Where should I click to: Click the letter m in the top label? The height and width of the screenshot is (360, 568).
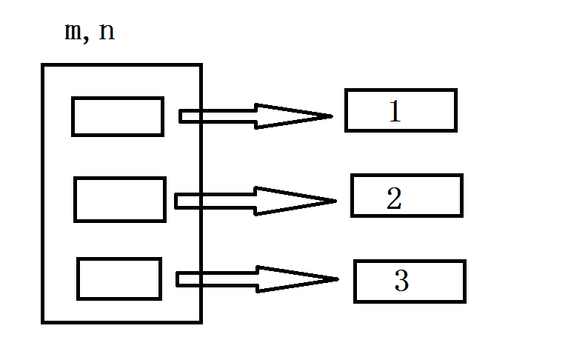coord(73,32)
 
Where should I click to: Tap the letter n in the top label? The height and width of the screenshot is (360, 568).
coord(107,32)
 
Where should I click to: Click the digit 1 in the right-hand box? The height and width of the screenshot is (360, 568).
coord(395,111)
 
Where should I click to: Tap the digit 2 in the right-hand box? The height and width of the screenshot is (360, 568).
coord(394,198)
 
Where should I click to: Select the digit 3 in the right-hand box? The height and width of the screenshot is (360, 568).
coord(401,280)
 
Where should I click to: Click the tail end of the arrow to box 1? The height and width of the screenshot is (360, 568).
coord(180,116)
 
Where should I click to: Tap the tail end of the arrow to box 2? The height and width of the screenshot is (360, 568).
coord(176,201)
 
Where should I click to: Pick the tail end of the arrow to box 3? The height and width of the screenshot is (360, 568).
coord(178,279)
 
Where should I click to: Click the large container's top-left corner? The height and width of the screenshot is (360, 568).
coord(43,65)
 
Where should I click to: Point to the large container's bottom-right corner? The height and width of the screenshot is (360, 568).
coord(201,322)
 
